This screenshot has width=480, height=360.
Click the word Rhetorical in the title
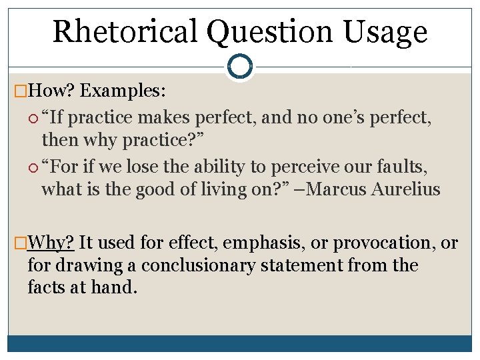125,31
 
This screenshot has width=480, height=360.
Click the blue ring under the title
239,67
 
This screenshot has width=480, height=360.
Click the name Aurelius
407,189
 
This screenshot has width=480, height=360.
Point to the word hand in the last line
120,287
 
